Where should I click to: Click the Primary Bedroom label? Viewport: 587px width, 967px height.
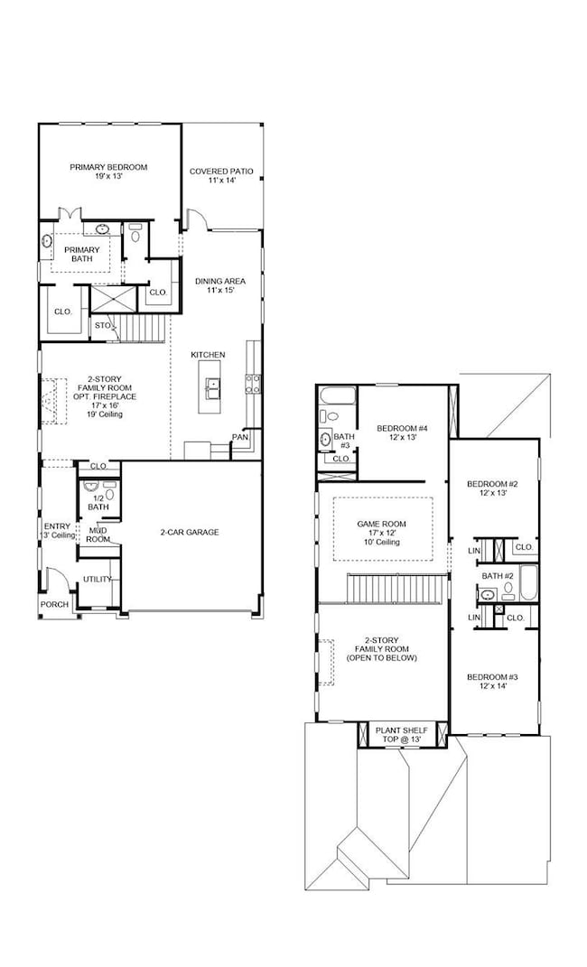click(108, 167)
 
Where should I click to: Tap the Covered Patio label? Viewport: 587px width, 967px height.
click(221, 171)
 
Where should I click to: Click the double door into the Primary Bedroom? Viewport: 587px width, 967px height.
click(70, 214)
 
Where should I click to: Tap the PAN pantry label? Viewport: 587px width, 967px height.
click(239, 437)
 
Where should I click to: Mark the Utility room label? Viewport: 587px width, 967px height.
click(97, 579)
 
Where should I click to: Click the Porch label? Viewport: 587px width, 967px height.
click(52, 605)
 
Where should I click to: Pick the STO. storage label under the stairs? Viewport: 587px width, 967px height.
click(103, 325)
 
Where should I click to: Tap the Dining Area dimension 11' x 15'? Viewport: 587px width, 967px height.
click(220, 291)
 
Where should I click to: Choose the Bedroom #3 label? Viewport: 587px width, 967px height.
click(491, 677)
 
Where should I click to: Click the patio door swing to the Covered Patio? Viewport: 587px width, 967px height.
click(197, 220)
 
